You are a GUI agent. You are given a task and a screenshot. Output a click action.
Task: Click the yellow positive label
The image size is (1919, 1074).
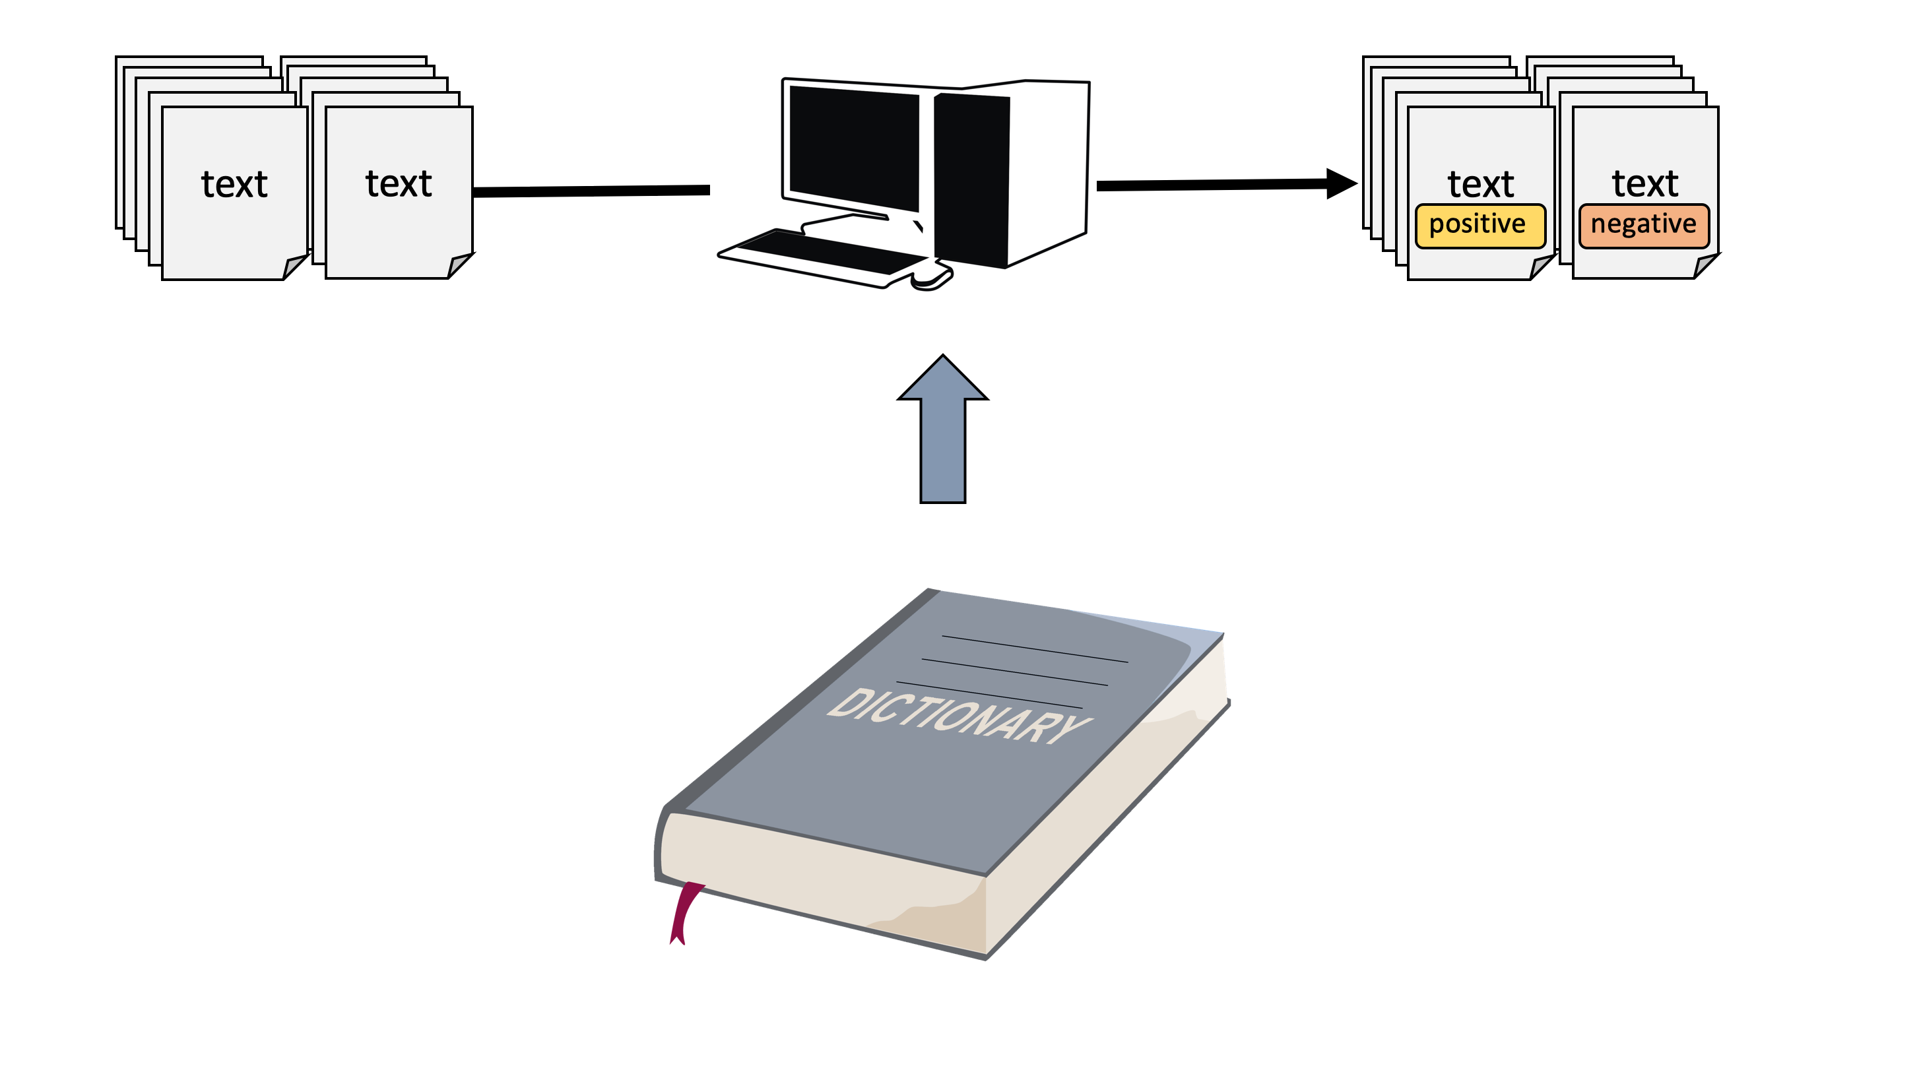coord(1480,225)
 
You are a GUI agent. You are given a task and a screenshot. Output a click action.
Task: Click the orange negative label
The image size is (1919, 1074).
coord(1643,225)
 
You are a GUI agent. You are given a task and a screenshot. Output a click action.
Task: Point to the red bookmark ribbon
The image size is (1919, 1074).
coord(683,912)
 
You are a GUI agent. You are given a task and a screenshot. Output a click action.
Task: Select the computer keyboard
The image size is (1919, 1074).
coord(827,254)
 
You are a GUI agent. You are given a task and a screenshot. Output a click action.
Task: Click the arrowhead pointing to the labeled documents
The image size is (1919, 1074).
coord(1341,184)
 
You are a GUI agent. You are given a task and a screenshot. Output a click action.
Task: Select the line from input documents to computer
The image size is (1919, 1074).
coord(591,191)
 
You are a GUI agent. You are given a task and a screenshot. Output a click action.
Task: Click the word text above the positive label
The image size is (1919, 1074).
coord(1480,184)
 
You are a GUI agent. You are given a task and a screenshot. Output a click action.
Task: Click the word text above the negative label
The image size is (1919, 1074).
coord(1645,183)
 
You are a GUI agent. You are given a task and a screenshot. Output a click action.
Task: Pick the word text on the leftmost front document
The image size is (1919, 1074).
coord(234,184)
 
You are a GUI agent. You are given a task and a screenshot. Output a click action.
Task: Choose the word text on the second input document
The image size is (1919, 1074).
coord(399,183)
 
